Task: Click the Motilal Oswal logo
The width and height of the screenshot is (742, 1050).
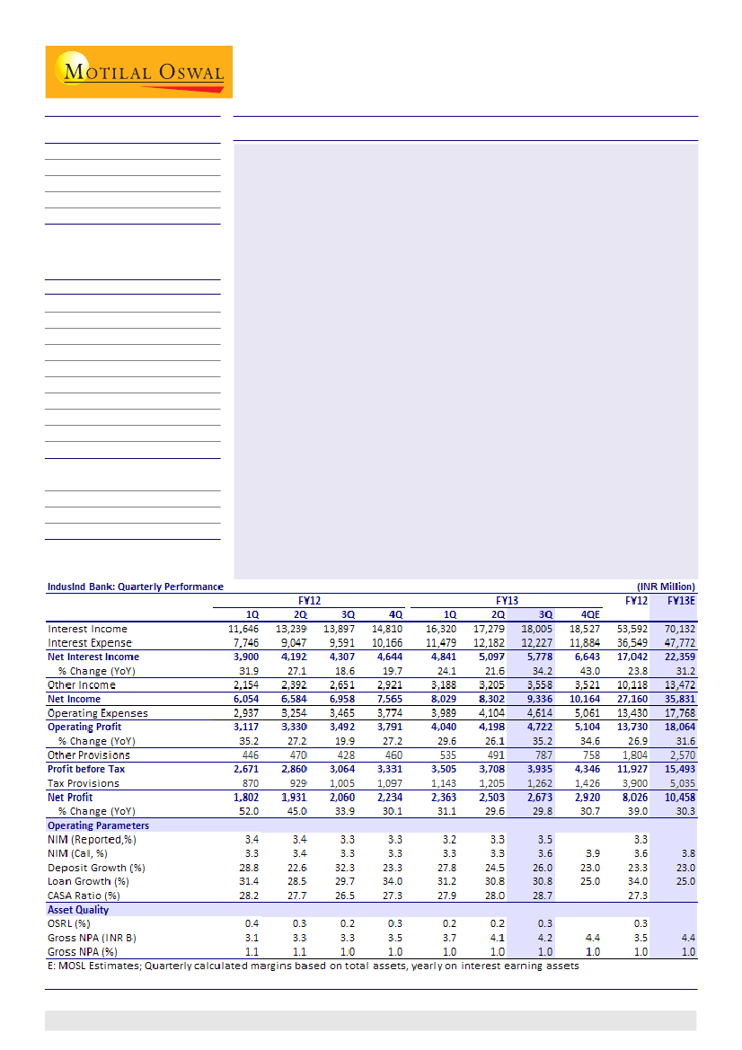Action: [139, 72]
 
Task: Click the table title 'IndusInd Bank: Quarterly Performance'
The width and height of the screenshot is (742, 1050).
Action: [135, 587]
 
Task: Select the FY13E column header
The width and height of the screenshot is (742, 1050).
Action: [680, 599]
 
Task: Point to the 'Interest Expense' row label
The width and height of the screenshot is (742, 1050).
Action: [90, 643]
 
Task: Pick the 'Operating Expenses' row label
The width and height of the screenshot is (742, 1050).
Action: [97, 713]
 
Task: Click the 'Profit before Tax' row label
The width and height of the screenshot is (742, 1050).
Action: [86, 769]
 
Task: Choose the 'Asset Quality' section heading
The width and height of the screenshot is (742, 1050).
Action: [78, 910]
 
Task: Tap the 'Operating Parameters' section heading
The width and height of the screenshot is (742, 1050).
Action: [99, 825]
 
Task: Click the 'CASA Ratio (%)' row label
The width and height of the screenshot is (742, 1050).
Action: [84, 896]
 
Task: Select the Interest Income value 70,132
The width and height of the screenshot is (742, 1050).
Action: [678, 629]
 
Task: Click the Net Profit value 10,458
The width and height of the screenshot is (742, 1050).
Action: [678, 797]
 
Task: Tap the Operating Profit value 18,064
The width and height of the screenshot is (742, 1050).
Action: [678, 727]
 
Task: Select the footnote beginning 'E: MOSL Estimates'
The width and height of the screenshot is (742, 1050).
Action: [314, 966]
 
